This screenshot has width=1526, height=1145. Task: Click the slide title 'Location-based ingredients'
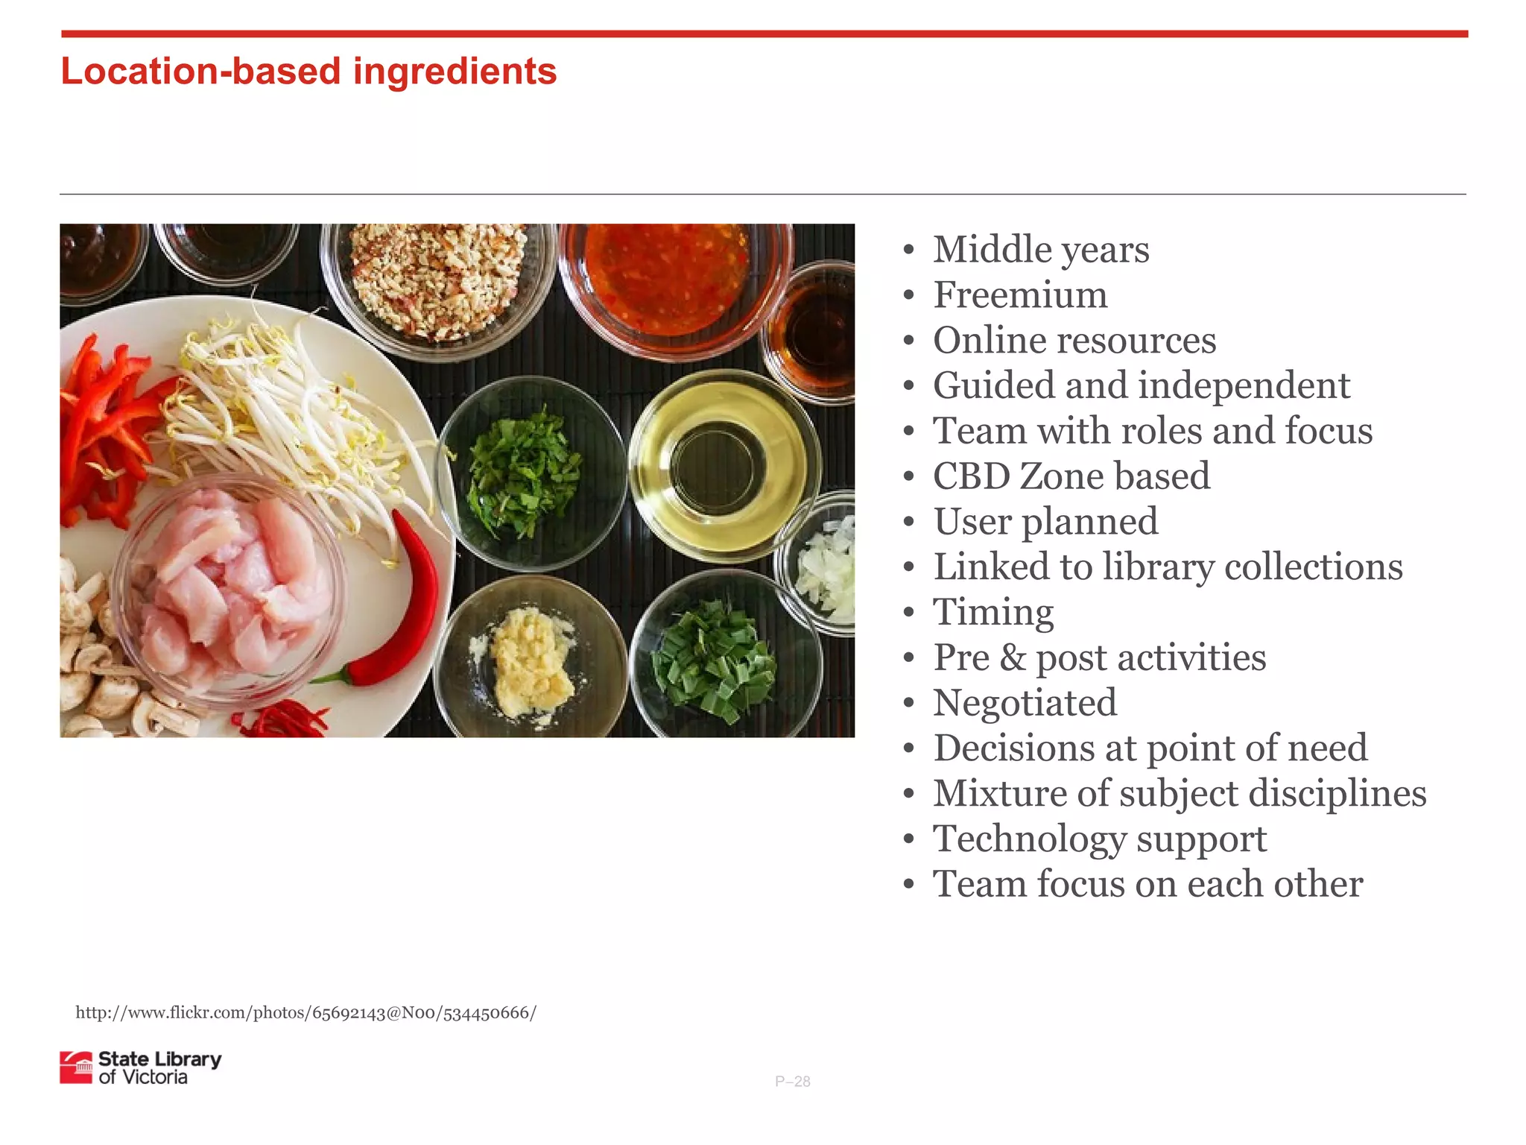308,72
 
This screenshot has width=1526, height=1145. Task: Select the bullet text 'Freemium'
1020,295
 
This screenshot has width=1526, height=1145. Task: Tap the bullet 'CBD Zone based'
1071,476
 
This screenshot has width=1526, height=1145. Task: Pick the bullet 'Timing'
993,613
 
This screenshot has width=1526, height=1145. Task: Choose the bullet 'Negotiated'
1025,703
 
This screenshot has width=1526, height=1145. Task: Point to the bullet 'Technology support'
1100,839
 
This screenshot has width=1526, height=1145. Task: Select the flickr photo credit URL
305,1013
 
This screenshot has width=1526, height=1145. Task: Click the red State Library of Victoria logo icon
76,1067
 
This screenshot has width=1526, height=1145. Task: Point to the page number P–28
792,1082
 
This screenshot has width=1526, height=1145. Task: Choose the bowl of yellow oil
720,466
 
